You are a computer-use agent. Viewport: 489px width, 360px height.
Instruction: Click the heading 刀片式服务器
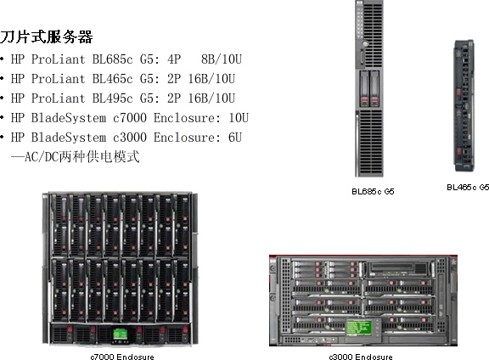click(46, 37)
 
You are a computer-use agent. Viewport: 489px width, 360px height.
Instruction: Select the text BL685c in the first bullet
click(113, 59)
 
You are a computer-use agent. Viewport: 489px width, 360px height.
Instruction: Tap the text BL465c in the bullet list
click(113, 79)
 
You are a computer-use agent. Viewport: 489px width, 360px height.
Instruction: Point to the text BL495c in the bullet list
click(113, 98)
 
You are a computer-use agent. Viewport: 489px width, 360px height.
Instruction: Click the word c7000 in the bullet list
click(130, 118)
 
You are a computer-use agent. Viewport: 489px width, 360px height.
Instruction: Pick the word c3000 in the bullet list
click(130, 138)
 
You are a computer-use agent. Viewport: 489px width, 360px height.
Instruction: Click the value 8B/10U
click(222, 59)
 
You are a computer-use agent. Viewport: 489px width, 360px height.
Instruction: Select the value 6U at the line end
click(235, 138)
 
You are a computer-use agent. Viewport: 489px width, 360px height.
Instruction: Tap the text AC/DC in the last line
click(42, 156)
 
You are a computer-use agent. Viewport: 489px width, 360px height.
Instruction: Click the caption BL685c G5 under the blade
click(373, 191)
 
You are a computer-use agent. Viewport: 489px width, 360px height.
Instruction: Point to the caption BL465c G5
click(468, 187)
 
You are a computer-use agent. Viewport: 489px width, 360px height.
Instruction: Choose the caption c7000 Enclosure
click(122, 357)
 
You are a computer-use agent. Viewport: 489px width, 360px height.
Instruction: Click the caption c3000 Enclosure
click(361, 357)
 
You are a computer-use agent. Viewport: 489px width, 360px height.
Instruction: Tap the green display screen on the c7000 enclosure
click(120, 335)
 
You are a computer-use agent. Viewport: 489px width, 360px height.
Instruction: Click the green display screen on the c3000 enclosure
click(359, 328)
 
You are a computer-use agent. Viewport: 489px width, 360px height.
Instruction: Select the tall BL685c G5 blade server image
click(369, 88)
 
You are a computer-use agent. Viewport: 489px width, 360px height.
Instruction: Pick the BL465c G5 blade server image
click(464, 106)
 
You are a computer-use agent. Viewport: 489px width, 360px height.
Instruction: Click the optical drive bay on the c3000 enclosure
click(399, 269)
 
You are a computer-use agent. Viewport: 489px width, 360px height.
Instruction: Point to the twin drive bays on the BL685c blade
click(369, 88)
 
